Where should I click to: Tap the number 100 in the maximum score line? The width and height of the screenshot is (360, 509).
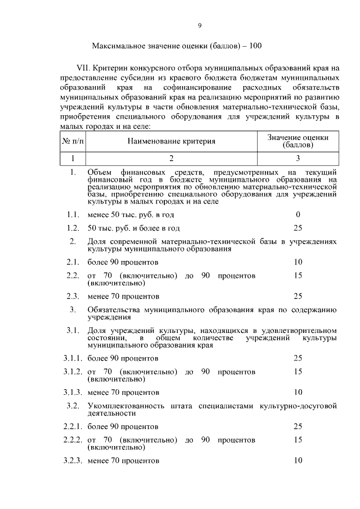pos(254,46)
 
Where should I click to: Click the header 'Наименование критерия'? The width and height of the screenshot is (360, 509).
pos(171,141)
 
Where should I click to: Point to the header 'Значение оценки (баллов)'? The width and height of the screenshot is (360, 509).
pos(298,141)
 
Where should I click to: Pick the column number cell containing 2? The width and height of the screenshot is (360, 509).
pos(171,158)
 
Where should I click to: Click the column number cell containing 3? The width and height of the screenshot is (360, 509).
pos(298,158)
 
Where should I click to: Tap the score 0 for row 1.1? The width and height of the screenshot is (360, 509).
pos(298,214)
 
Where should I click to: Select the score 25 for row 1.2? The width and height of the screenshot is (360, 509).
pos(298,228)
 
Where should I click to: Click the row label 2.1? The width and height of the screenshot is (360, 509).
pos(71,262)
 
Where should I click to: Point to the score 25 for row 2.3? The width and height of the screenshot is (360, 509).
pos(298,296)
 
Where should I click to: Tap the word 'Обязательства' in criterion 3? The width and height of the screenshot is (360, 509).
pos(113,310)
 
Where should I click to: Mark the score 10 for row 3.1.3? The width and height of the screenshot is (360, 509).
pos(298,391)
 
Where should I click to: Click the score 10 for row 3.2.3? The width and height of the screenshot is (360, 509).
pos(298,460)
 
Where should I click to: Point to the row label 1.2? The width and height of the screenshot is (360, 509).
pos(71,228)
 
